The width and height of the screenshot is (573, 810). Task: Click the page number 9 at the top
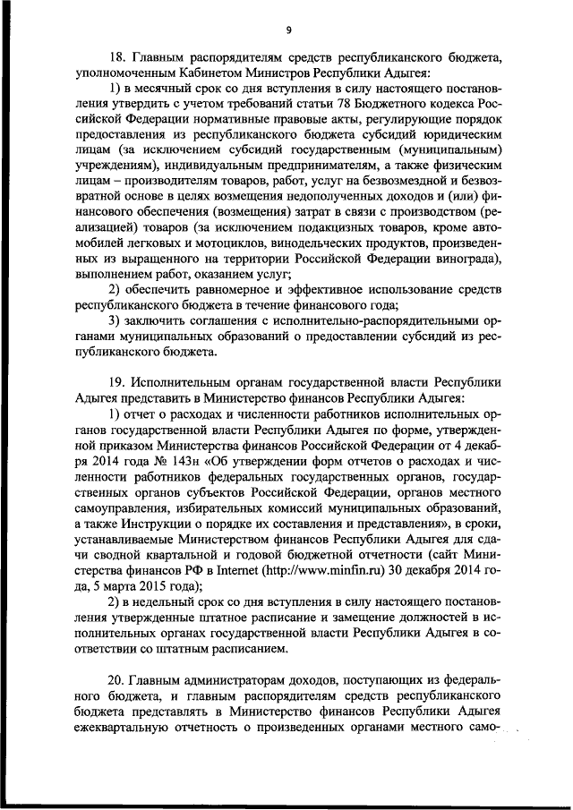pyautogui.click(x=288, y=30)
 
